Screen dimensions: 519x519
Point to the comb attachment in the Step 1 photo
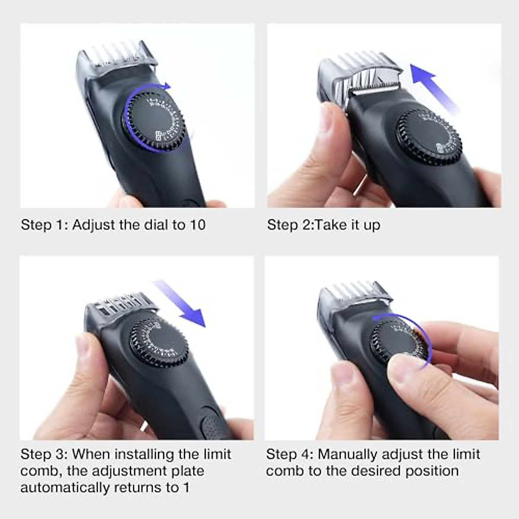click(116, 58)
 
